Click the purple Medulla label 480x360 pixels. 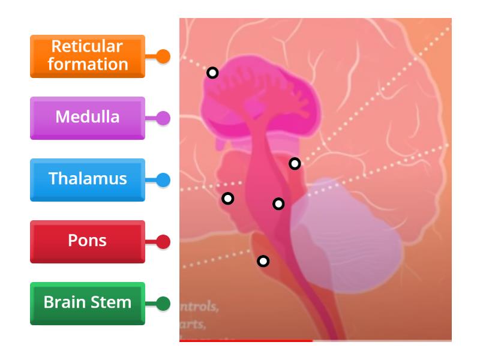[88, 117]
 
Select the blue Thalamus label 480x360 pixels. [88, 179]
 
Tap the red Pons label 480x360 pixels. [88, 241]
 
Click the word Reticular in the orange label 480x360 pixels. [88, 47]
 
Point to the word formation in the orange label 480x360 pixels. [88, 64]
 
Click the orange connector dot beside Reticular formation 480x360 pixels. [163, 56]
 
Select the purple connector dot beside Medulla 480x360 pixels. [163, 118]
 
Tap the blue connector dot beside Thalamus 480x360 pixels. [163, 179]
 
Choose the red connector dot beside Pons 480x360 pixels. [163, 242]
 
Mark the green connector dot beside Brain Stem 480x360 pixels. [163, 304]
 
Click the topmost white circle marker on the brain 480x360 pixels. [212, 73]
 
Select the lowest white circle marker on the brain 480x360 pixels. [263, 261]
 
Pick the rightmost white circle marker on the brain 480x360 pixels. [295, 163]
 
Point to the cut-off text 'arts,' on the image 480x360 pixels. [196, 326]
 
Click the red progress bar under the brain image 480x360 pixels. [246, 341]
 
